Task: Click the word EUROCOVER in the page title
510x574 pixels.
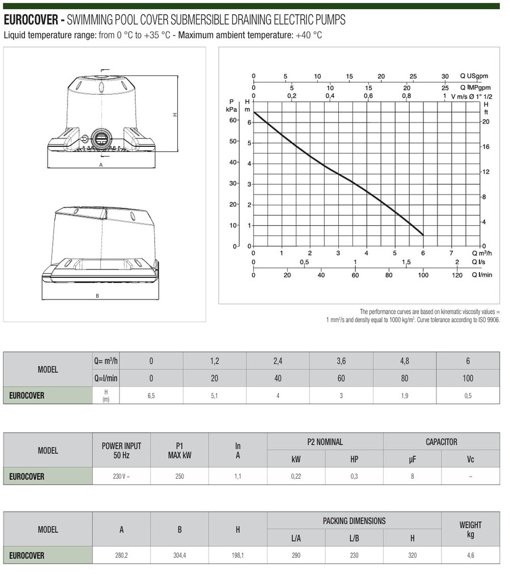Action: click(31, 20)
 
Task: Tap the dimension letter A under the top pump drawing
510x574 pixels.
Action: click(100, 165)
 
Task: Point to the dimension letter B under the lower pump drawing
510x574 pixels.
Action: click(97, 295)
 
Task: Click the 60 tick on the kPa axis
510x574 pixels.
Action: click(233, 120)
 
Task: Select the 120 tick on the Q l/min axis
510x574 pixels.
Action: click(457, 276)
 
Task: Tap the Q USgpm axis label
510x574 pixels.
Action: click(474, 76)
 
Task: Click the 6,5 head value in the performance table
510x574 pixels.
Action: click(151, 395)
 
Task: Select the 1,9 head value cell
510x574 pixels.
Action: click(405, 395)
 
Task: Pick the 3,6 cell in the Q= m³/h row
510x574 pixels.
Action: click(341, 360)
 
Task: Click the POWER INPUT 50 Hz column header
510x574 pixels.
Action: click(122, 451)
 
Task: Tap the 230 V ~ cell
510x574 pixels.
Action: click(121, 476)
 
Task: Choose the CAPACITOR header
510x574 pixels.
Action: click(441, 442)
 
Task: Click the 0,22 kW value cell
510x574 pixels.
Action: click(296, 476)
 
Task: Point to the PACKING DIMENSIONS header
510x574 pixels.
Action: click(354, 521)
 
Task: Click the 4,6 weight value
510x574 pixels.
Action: click(470, 556)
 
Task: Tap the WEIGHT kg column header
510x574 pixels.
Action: click(470, 530)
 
